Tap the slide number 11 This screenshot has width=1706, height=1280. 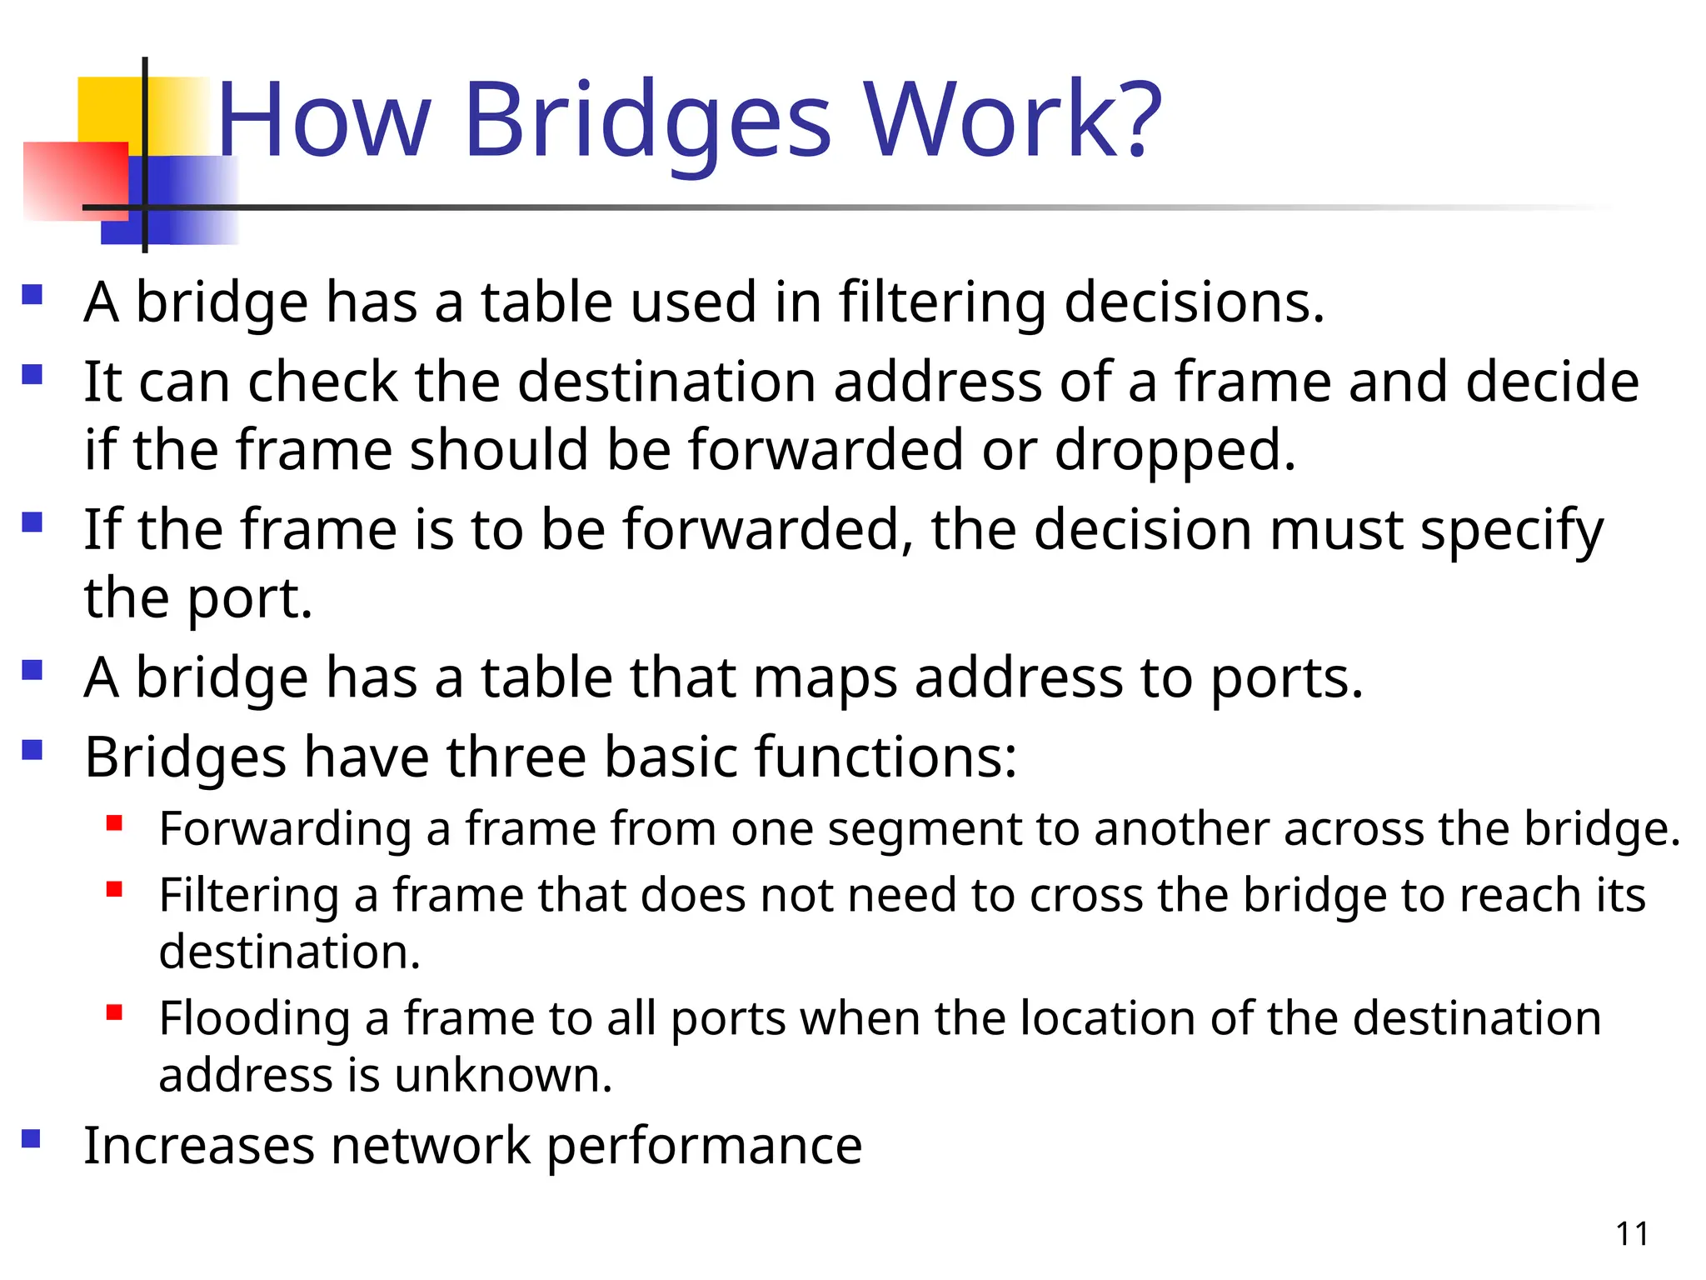click(x=1632, y=1234)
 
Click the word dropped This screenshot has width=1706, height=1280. click(x=1175, y=451)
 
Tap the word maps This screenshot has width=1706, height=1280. click(x=825, y=677)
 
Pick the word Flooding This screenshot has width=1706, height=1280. click(x=255, y=1019)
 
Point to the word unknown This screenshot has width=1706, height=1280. click(x=503, y=1075)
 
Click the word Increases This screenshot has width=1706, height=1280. click(x=199, y=1145)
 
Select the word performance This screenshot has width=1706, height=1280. click(x=704, y=1147)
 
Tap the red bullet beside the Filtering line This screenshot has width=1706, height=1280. click(x=115, y=890)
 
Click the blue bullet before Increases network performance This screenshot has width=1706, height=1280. click(x=32, y=1138)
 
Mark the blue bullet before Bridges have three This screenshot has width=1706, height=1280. click(x=32, y=750)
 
